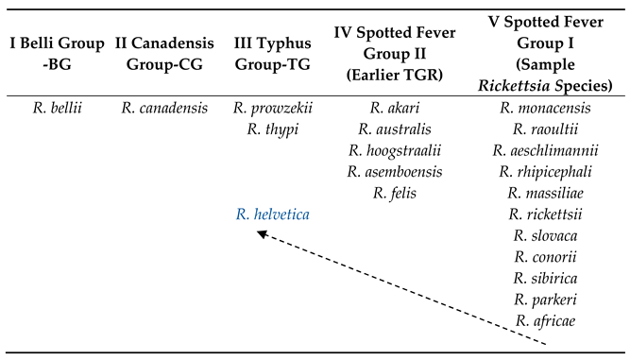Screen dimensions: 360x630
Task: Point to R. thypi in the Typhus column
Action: pyautogui.click(x=272, y=129)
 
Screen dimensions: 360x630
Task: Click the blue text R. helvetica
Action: pyautogui.click(x=272, y=214)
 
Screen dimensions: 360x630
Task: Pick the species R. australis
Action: pyautogui.click(x=395, y=129)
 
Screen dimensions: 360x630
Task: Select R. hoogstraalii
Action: pyautogui.click(x=395, y=151)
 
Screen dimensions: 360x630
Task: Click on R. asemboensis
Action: pyautogui.click(x=395, y=172)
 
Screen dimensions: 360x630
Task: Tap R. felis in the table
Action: pyautogui.click(x=395, y=194)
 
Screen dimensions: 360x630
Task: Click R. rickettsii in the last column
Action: pyautogui.click(x=545, y=214)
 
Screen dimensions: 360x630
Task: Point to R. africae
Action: pyautogui.click(x=545, y=321)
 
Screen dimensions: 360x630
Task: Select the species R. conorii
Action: pyautogui.click(x=545, y=257)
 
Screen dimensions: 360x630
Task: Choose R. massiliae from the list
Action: pyautogui.click(x=545, y=194)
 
